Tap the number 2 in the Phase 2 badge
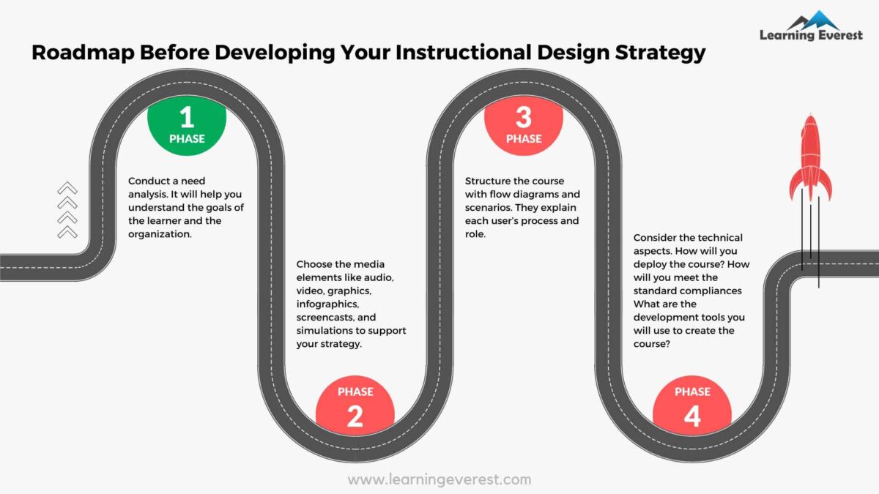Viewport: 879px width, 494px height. pos(355,416)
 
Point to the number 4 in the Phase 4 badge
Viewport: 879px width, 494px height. pos(691,416)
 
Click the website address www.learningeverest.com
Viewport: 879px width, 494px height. pos(439,480)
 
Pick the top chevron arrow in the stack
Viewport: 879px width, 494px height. pos(67,188)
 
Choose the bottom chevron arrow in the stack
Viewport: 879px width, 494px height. pos(67,231)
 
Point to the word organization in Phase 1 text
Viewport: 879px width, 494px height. pos(159,234)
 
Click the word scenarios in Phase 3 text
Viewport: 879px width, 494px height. pos(491,207)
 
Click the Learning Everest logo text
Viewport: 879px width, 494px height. pos(811,35)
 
